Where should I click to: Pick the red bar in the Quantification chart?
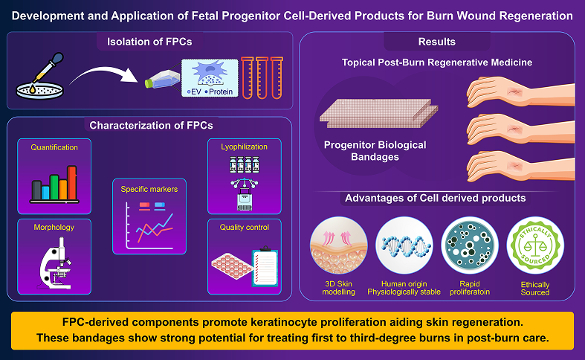coord(72,183)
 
